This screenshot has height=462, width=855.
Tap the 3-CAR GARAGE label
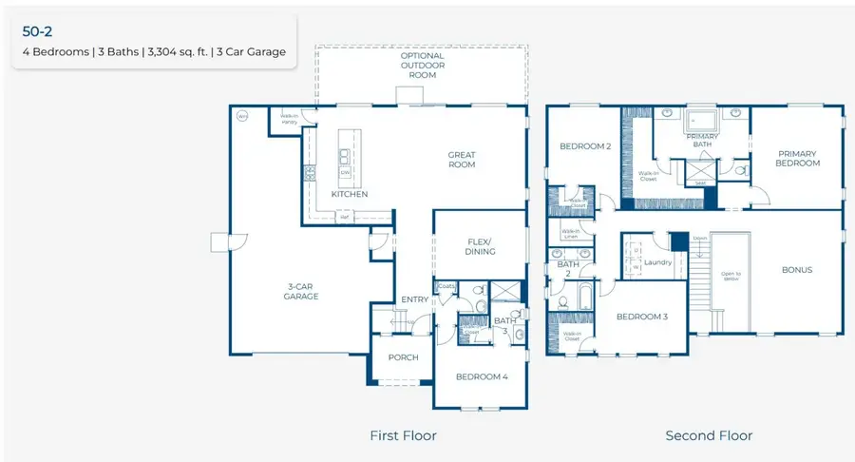300,291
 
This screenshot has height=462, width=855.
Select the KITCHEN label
349,194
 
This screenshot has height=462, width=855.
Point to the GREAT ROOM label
462,160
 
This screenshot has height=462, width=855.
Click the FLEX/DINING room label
482,245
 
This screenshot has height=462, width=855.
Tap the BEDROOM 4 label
482,376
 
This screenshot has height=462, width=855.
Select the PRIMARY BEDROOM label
798,158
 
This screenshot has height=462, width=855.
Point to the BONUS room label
797,270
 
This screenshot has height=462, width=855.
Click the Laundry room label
658,262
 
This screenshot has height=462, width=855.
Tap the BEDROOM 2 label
584,146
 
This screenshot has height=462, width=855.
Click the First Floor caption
403,435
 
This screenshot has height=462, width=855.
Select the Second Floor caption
709,435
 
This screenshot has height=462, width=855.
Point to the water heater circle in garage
241,117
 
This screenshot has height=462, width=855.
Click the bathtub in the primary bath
702,122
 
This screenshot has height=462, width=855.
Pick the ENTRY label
415,299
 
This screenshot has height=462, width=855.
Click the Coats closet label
446,286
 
